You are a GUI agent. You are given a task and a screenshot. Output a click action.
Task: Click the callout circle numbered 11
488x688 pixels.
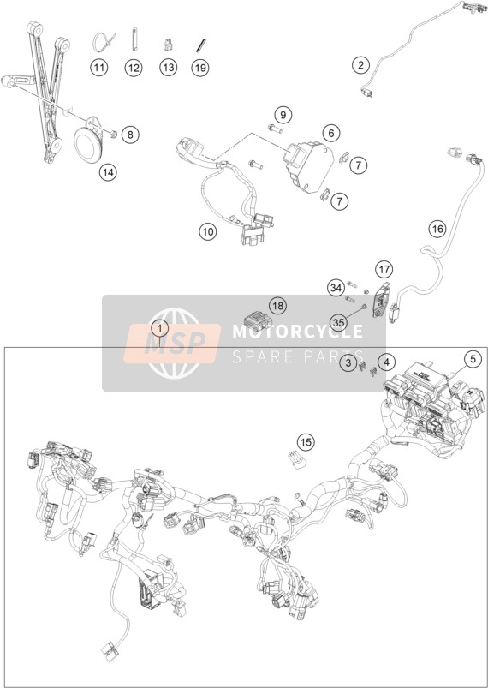[x=99, y=68]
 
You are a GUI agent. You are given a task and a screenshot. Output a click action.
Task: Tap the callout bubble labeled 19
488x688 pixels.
[x=200, y=68]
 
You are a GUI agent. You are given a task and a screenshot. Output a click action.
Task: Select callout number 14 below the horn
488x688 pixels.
[x=108, y=172]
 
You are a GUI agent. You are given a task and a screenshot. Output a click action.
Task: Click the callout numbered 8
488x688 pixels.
[x=130, y=135]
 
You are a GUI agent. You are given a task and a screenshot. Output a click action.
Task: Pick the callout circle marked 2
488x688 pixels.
[x=360, y=65]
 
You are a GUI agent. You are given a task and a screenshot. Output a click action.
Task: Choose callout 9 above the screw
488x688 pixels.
[x=283, y=115]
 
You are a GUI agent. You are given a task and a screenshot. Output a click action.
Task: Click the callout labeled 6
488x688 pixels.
[x=331, y=133]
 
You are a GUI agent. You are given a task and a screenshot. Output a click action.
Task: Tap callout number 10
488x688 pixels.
[x=208, y=231]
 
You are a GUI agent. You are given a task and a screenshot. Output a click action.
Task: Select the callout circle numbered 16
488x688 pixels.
[x=437, y=229]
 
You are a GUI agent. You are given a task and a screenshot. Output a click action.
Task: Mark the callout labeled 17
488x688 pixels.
[x=384, y=269]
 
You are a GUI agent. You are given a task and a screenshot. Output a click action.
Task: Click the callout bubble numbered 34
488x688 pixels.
[x=336, y=288]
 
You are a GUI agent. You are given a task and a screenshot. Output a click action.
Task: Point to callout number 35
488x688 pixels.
[x=338, y=323]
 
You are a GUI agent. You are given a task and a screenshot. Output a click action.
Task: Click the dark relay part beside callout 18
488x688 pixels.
[x=258, y=320]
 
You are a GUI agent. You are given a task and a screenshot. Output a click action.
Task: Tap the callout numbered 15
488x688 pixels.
[x=306, y=441]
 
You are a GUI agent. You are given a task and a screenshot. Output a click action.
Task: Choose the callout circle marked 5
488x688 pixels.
[x=473, y=359]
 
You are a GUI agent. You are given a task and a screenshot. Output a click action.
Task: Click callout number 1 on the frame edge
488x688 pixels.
[x=159, y=328]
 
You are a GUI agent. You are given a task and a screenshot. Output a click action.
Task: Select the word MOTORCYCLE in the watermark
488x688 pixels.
[x=297, y=332]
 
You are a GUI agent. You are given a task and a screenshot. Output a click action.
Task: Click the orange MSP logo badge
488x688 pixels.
[x=172, y=343]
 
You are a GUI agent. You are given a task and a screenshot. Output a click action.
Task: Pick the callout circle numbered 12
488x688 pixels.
[x=134, y=68]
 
